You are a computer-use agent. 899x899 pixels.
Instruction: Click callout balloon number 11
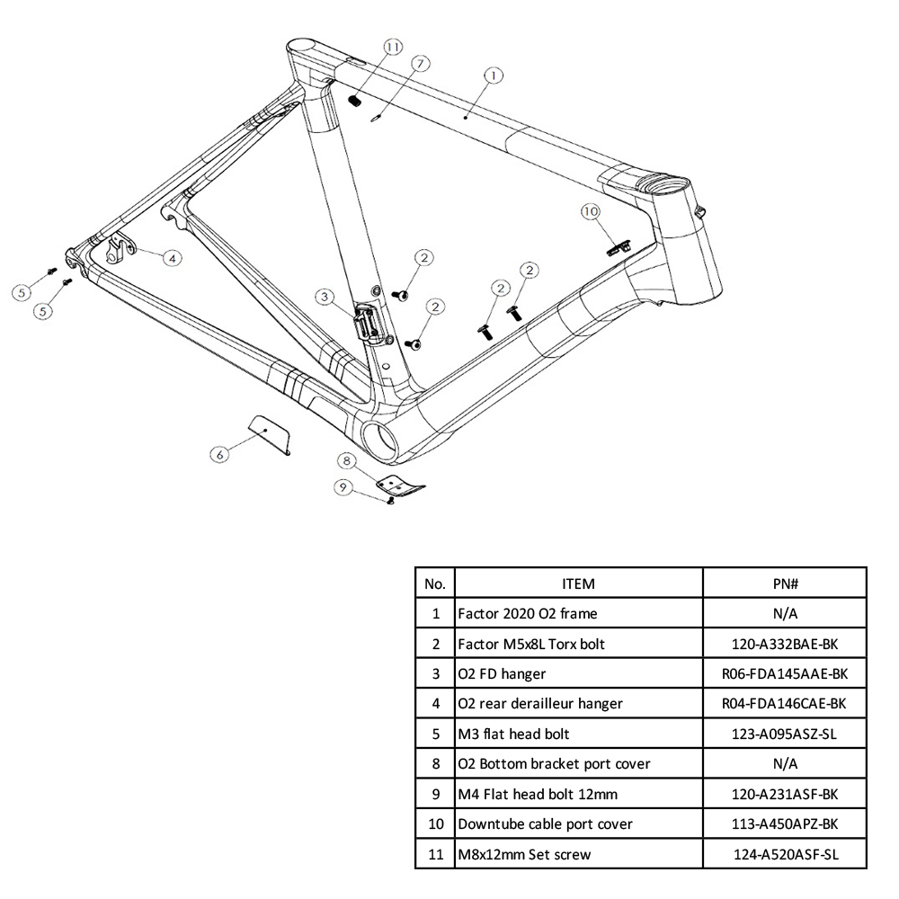(392, 46)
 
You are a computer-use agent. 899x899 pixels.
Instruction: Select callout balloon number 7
(420, 62)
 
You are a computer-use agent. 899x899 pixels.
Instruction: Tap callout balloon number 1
(494, 76)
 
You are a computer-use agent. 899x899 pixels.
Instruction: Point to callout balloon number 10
(590, 211)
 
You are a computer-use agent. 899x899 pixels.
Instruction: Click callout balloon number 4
(172, 257)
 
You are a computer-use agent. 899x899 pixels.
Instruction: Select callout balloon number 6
(218, 455)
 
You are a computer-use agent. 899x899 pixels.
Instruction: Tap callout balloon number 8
(345, 461)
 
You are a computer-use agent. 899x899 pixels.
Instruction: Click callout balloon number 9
(343, 487)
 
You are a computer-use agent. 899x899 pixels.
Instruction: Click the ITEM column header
(578, 583)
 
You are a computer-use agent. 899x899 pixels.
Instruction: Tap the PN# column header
(785, 583)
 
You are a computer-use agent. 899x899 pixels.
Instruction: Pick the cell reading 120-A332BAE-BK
(785, 643)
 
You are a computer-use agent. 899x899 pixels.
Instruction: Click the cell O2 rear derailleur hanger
(539, 703)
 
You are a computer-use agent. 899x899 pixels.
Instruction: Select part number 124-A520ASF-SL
(785, 854)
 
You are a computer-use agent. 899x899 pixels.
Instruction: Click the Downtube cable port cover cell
(545, 823)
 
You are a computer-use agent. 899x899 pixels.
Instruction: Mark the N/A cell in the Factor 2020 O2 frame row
(785, 613)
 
